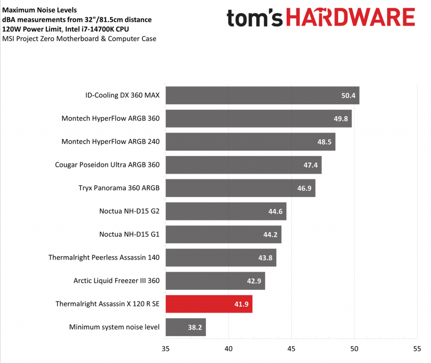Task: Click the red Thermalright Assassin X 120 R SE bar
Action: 209,304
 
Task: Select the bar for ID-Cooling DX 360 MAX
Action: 262,95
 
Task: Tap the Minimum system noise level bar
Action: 186,327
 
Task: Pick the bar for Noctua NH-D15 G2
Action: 226,211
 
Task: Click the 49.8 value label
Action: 341,118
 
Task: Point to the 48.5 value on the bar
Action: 324,142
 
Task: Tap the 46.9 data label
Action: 304,188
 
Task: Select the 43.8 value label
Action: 265,258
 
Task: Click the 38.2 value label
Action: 194,327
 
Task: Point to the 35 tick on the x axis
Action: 166,348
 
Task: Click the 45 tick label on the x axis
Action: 291,348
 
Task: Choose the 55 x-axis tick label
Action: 417,348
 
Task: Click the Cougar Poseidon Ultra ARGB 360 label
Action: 107,165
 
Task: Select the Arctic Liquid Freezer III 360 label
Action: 117,280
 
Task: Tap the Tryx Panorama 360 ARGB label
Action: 119,188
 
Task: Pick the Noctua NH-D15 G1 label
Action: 129,234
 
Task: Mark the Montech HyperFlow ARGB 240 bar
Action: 250,142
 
